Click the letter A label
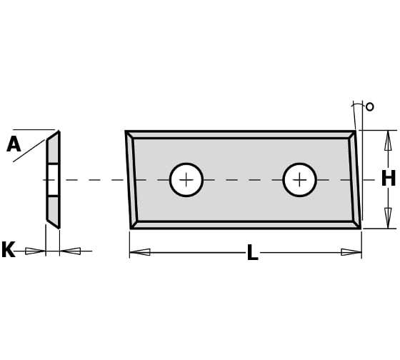pos(14,144)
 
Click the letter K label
pos(8,249)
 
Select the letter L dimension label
pos(253,252)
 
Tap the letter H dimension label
pos(389,178)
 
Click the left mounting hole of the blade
pos(186,180)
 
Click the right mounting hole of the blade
pos(300,180)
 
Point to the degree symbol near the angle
pos(370,106)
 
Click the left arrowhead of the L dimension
pos(140,252)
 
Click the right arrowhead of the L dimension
pos(351,252)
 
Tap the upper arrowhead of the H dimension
pos(388,141)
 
